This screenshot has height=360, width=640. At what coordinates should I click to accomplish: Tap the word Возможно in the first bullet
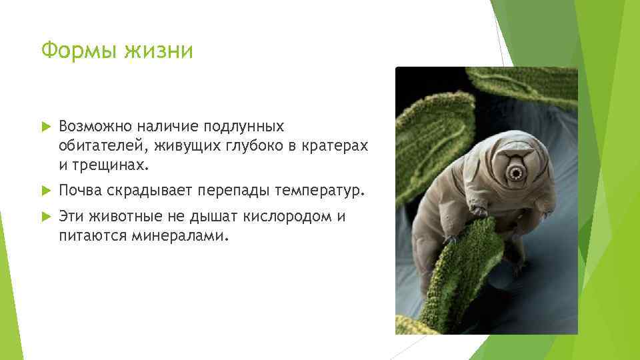coord(96,127)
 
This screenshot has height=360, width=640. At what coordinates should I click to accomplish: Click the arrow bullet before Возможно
coord(45,127)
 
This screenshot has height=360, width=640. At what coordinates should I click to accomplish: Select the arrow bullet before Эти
coord(45,217)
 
